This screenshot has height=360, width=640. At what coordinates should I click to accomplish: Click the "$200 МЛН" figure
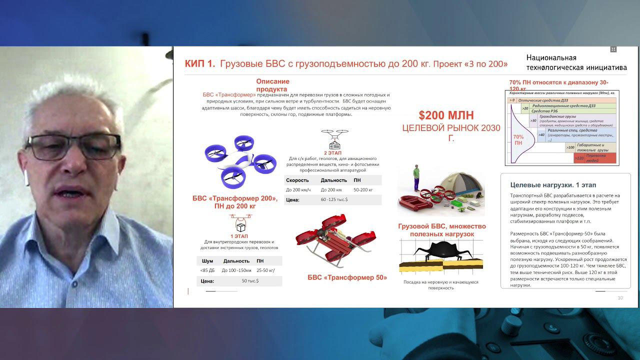pos(446,115)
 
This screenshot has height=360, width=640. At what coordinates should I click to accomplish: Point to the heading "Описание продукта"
pos(272,85)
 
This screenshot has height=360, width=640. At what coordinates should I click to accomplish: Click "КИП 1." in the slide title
pos(200,63)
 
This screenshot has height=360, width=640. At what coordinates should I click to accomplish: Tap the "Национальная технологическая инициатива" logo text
pos(576,62)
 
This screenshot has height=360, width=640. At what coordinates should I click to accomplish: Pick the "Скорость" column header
pos(297,180)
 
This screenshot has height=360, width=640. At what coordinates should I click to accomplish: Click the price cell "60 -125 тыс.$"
pos(334,199)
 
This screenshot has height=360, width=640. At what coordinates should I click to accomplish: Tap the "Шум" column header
pos(207,261)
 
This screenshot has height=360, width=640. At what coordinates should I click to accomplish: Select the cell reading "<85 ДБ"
pos(207,270)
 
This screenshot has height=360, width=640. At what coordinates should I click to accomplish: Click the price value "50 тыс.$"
pos(250,281)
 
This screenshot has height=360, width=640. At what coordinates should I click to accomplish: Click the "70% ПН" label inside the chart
pos(518,139)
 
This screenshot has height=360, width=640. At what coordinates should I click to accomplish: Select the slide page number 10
pos(620,298)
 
